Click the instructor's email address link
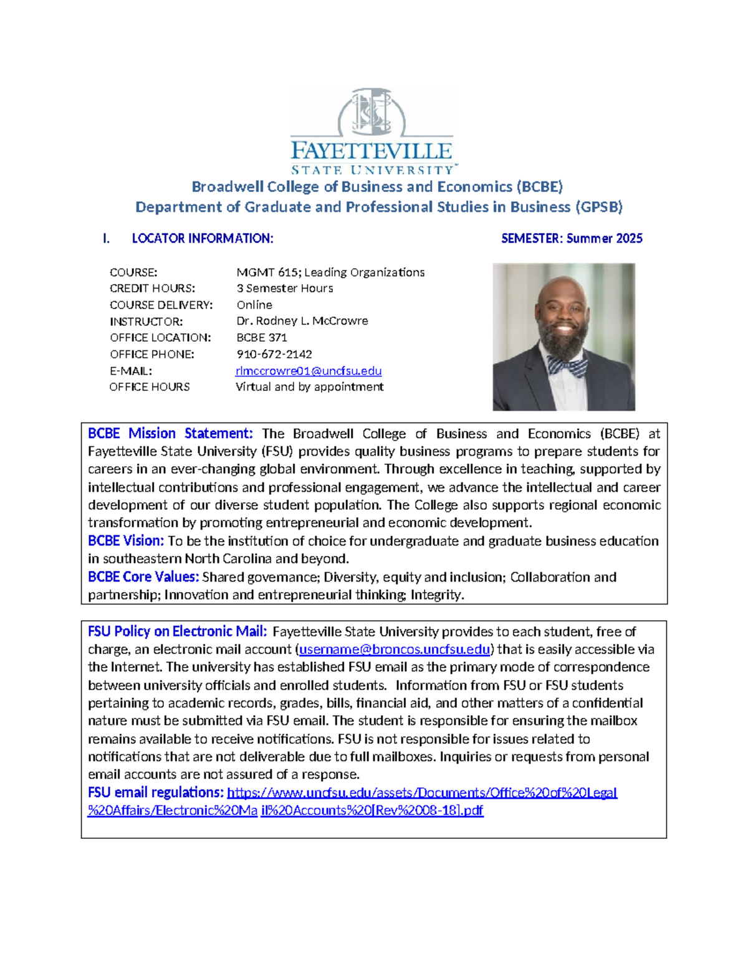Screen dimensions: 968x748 point(309,371)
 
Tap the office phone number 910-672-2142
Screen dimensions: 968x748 point(274,354)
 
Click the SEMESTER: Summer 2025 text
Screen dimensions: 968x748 point(572,238)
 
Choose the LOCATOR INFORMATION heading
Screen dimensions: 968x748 point(203,238)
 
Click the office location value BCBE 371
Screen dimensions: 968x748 point(262,338)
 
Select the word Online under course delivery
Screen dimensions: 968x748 point(254,305)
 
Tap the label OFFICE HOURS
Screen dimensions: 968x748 point(150,387)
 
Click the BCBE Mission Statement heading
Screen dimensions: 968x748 point(170,433)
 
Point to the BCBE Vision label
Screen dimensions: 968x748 point(126,540)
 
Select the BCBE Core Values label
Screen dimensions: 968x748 point(143,577)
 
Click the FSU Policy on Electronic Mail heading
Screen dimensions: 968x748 point(178,631)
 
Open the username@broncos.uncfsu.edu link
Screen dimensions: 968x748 point(395,649)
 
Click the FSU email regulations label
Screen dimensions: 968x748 point(156,792)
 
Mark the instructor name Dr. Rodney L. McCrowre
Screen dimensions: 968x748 point(302,321)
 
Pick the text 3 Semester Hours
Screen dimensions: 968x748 point(285,289)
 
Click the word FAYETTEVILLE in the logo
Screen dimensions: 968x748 point(372,151)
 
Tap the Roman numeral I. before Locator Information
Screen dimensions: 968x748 point(107,238)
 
